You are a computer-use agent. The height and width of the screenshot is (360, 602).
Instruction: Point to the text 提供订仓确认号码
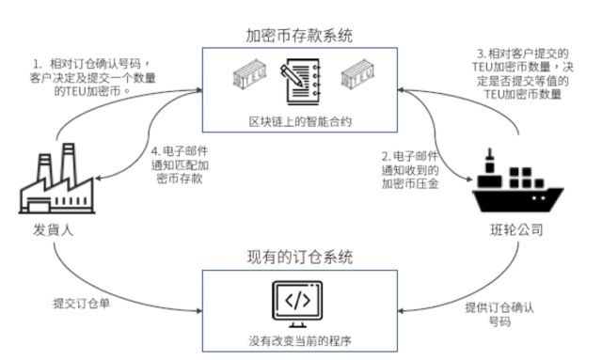(x=502, y=313)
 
